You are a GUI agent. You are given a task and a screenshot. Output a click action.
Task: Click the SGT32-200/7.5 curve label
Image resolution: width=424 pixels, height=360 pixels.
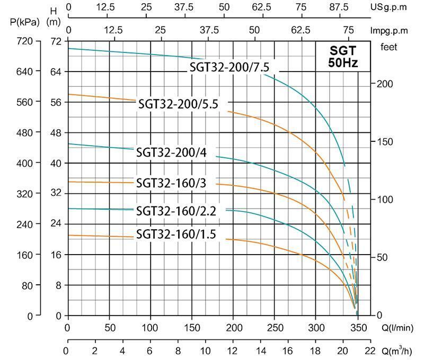click(234, 67)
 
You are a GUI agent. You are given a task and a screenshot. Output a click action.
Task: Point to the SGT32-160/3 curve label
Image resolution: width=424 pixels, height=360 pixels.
click(171, 183)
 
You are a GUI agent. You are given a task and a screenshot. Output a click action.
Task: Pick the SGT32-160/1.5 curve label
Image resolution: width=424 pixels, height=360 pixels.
click(176, 233)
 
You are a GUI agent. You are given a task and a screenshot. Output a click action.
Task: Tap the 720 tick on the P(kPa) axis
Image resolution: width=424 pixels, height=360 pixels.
click(25, 41)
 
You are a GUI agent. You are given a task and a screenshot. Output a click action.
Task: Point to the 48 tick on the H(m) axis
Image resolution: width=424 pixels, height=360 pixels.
click(56, 132)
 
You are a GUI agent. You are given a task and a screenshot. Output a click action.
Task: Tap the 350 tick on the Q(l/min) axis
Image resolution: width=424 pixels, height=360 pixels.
click(359, 327)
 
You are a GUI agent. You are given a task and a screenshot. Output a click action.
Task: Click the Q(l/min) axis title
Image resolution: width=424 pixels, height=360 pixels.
click(398, 327)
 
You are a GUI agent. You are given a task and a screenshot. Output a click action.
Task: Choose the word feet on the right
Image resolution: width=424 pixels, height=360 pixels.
click(390, 47)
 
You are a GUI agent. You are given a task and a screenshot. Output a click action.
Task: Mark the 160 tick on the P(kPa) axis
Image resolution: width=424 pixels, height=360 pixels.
click(25, 255)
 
